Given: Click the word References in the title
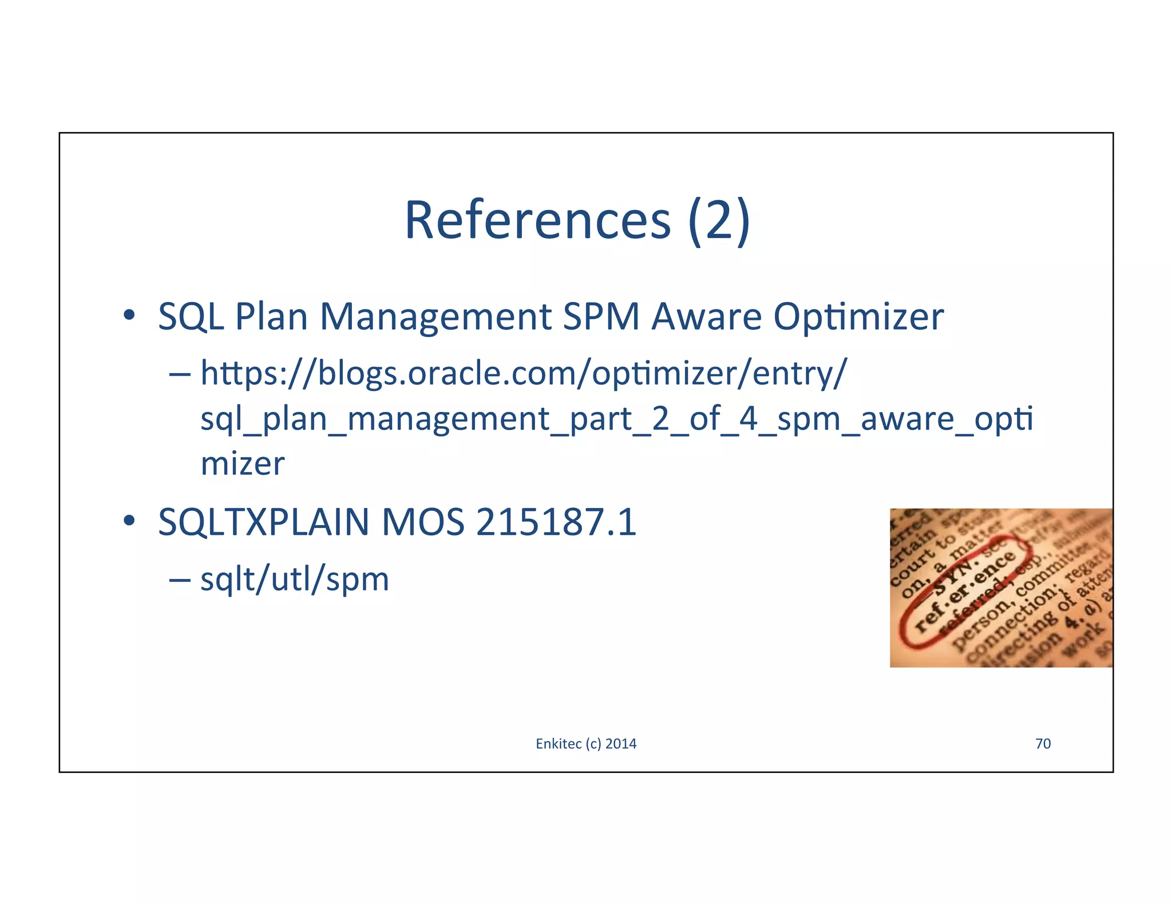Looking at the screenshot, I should tap(537, 220).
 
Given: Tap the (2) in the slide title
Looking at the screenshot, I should tap(719, 220).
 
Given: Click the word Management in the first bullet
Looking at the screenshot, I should tap(435, 316).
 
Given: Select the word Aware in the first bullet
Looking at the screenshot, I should tap(706, 316).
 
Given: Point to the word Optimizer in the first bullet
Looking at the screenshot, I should tap(858, 316).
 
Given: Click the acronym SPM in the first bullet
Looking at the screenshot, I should tap(601, 316).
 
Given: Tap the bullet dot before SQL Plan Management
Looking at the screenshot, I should tap(129, 315).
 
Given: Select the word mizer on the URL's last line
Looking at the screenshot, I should tap(242, 463).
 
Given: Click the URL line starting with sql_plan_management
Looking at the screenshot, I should tap(616, 419).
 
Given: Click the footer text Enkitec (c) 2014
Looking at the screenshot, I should tap(585, 743).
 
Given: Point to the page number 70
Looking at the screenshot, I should tap(1043, 743).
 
